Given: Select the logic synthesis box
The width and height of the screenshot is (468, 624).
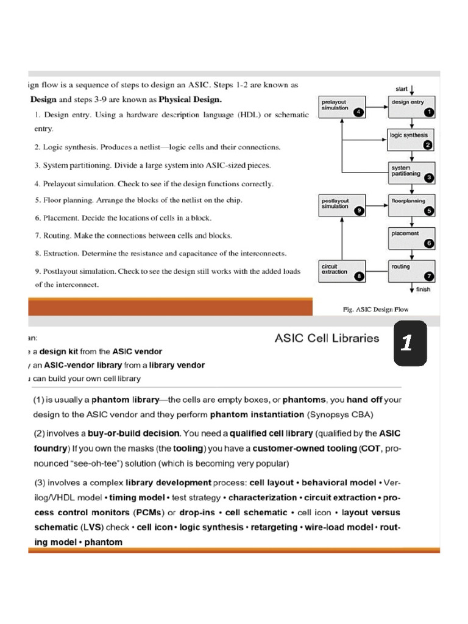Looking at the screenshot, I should [x=411, y=139].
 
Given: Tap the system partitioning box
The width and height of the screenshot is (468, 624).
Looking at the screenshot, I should [x=411, y=172].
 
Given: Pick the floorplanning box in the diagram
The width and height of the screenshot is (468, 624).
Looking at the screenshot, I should [x=411, y=205].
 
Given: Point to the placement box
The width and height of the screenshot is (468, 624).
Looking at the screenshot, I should [x=411, y=238].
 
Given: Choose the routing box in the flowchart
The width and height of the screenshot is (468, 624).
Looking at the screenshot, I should [x=411, y=271].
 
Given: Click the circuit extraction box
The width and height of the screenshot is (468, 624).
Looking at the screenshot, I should [x=342, y=271].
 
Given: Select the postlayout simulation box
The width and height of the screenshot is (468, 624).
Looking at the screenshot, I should [x=342, y=205].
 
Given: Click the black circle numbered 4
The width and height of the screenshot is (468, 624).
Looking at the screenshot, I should [x=358, y=112].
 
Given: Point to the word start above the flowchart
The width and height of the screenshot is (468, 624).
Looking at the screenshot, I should [x=402, y=88].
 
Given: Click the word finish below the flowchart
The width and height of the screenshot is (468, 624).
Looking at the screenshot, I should [x=423, y=289].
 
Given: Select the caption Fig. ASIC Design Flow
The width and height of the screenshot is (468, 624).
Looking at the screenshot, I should [x=375, y=309].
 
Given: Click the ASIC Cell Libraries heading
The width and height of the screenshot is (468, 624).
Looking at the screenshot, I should [x=327, y=338].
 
